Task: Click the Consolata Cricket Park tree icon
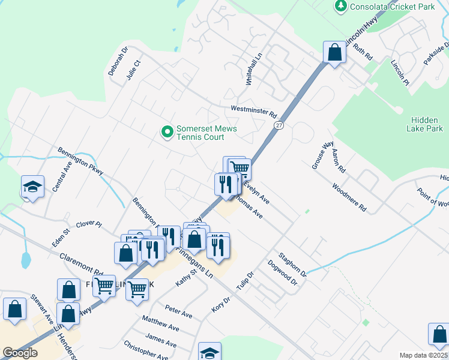341,6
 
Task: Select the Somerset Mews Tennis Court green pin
166,131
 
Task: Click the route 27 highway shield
279,125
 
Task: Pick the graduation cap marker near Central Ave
33,187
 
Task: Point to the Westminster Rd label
253,112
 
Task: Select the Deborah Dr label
118,62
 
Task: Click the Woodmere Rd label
349,197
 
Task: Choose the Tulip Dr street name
246,281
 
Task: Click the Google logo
20,353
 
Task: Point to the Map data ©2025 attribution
423,355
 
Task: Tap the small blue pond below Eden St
25,260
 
